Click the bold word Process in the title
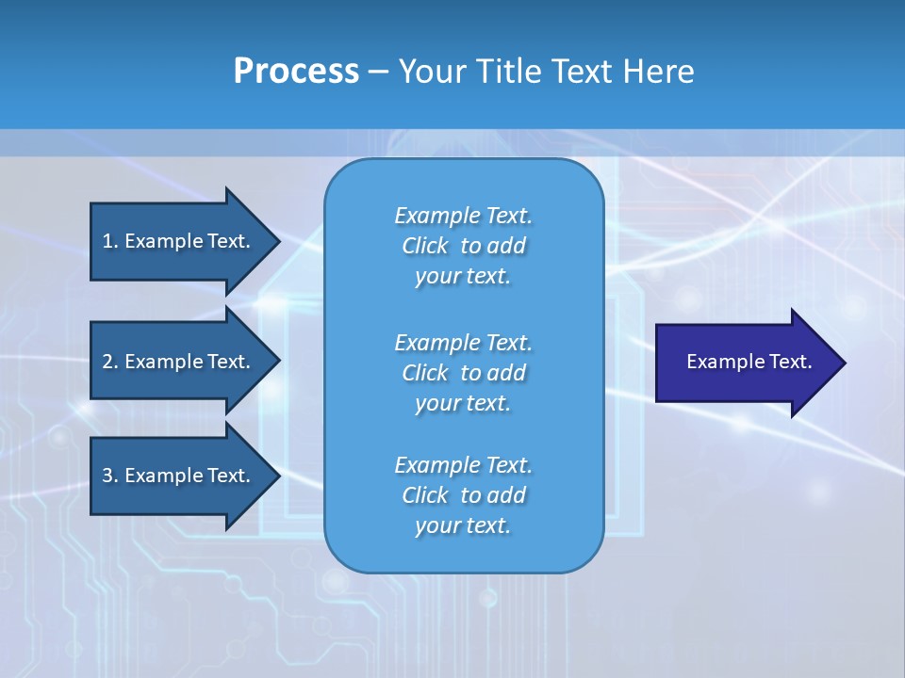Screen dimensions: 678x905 click(296, 72)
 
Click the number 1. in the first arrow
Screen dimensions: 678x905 click(109, 241)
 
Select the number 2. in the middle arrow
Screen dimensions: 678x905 click(109, 362)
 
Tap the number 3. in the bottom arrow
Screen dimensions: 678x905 click(109, 476)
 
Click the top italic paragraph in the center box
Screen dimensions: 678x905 click(463, 246)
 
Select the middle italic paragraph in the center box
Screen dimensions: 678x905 click(463, 373)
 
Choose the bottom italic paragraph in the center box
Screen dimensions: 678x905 click(463, 495)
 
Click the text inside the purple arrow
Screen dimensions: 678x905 click(749, 362)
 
